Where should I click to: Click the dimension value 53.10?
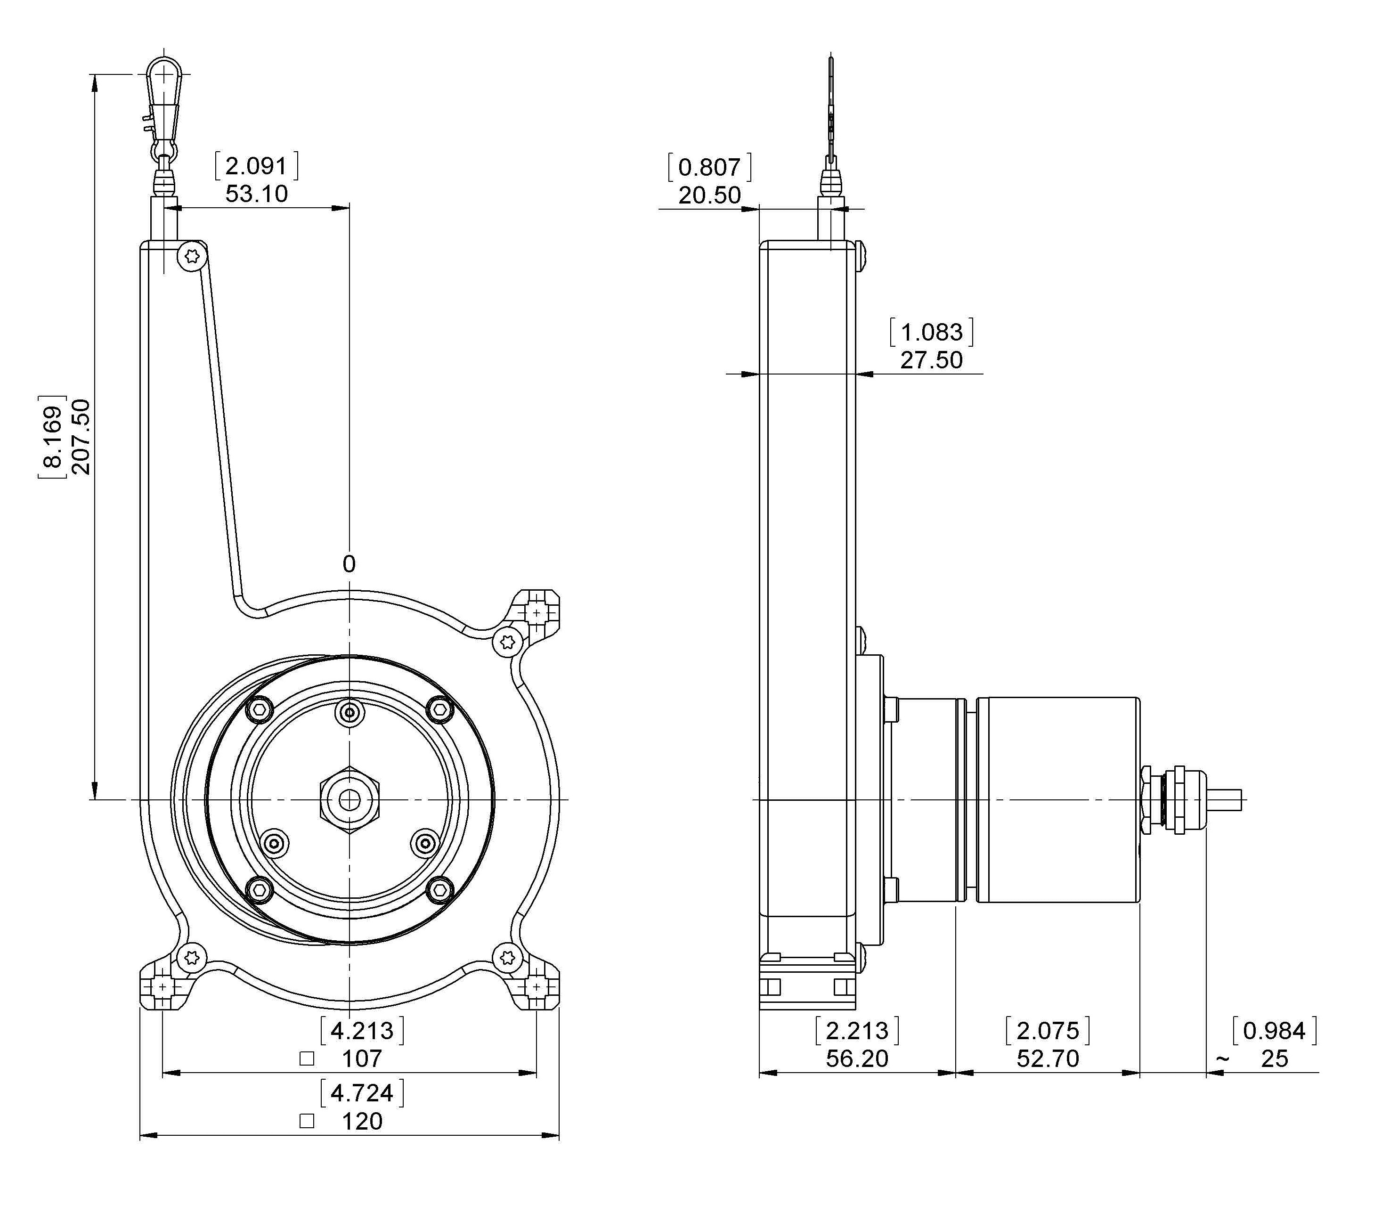pos(257,194)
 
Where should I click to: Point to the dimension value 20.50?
pos(710,195)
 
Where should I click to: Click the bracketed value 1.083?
pos(931,332)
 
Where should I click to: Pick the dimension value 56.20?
pos(857,1058)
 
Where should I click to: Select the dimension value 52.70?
pos(1048,1058)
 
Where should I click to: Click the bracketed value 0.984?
pos(1274,1030)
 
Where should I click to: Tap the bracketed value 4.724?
pos(362,1092)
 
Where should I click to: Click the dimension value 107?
pos(362,1058)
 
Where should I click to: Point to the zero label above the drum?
pos(349,564)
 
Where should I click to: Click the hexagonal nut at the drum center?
pos(349,800)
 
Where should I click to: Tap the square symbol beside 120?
pos(307,1121)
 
